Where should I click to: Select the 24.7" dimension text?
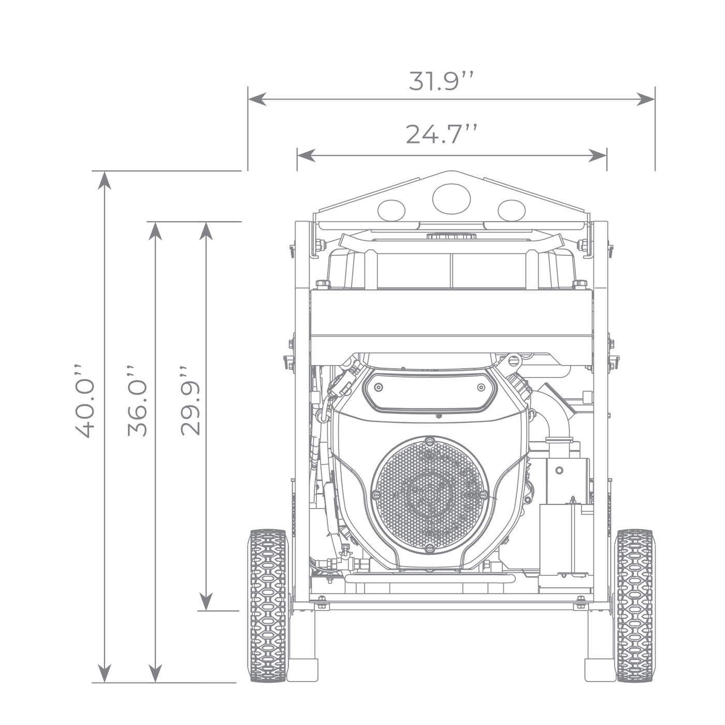tap(442, 134)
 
